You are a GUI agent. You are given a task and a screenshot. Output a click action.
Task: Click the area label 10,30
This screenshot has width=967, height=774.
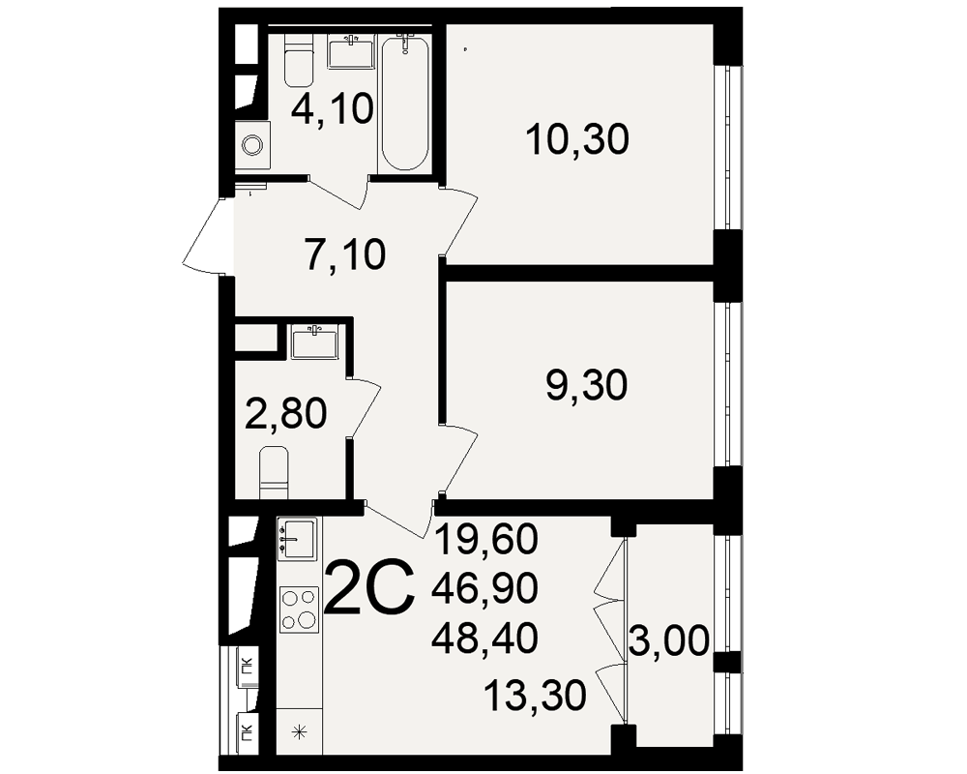(577, 139)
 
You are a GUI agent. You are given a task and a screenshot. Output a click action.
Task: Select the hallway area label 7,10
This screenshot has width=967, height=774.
(345, 253)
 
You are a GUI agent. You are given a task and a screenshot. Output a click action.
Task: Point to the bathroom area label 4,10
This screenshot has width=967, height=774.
(333, 109)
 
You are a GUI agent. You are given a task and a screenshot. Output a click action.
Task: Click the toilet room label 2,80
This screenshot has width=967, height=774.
(285, 413)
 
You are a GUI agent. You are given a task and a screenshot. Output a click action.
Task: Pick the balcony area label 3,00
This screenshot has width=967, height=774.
(670, 641)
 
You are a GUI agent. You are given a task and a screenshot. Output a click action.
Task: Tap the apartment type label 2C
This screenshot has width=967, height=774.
(368, 587)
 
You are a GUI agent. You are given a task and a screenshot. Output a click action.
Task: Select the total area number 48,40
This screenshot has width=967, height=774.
(484, 638)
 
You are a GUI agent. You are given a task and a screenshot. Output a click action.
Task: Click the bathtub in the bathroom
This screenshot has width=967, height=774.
(404, 104)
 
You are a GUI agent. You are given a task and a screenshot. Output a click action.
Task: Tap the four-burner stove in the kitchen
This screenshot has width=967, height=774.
(299, 610)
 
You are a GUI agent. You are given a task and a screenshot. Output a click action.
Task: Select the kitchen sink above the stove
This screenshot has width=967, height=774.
(298, 539)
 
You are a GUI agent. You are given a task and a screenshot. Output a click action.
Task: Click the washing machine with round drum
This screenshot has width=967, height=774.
(252, 146)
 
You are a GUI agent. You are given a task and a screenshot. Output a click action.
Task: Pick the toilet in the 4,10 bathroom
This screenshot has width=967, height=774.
(299, 61)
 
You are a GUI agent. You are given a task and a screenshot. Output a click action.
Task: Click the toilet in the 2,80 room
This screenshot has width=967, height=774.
(275, 472)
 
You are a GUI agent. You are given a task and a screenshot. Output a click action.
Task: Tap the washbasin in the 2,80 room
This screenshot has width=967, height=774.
(314, 342)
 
